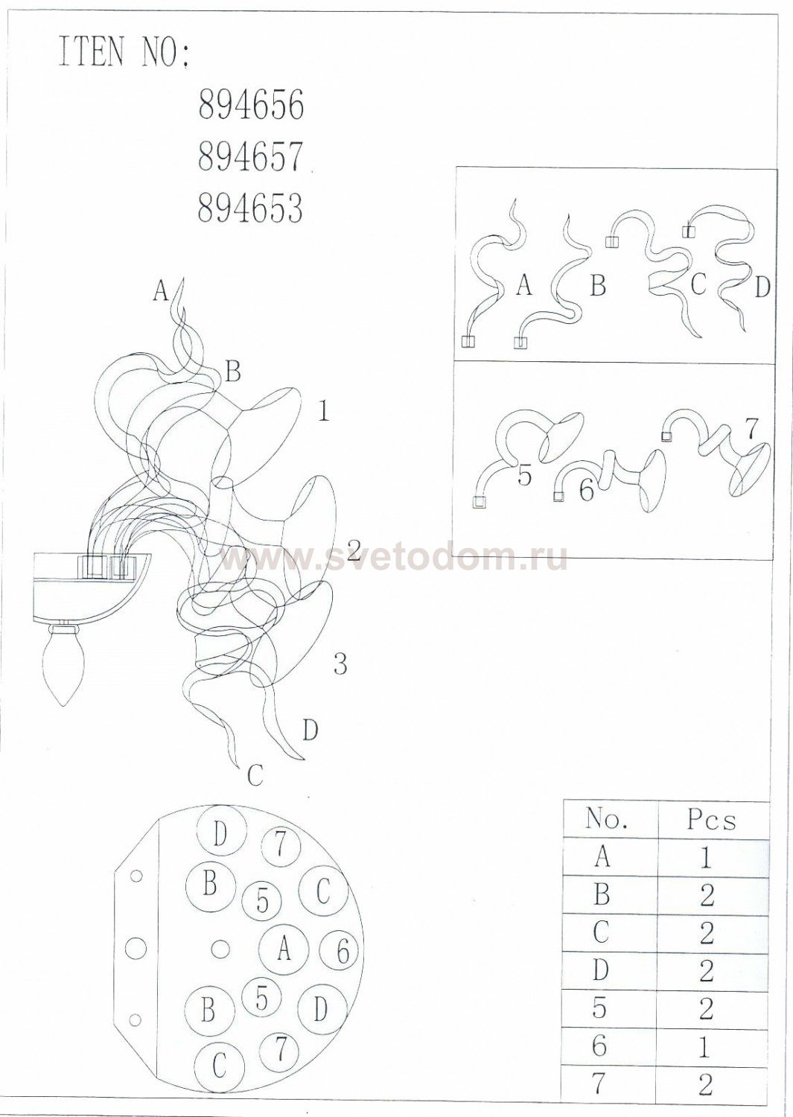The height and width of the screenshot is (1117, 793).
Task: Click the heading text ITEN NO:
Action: coord(124,51)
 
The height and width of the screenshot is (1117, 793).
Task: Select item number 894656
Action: coord(251,105)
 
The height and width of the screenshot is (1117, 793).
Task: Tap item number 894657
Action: coord(250,156)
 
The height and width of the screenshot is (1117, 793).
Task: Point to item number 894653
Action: coord(250,208)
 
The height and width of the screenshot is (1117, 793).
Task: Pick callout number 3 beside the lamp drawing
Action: coord(340,665)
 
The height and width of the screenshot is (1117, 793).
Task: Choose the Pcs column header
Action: coord(711,820)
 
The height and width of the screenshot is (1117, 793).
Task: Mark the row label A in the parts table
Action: coord(602,857)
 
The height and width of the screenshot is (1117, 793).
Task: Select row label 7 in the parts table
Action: coord(601,1085)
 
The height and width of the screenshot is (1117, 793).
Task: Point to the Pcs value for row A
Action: coord(704,858)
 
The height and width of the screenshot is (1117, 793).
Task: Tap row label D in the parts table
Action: coord(602,970)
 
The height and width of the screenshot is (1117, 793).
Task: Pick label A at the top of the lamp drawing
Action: coord(161,290)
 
